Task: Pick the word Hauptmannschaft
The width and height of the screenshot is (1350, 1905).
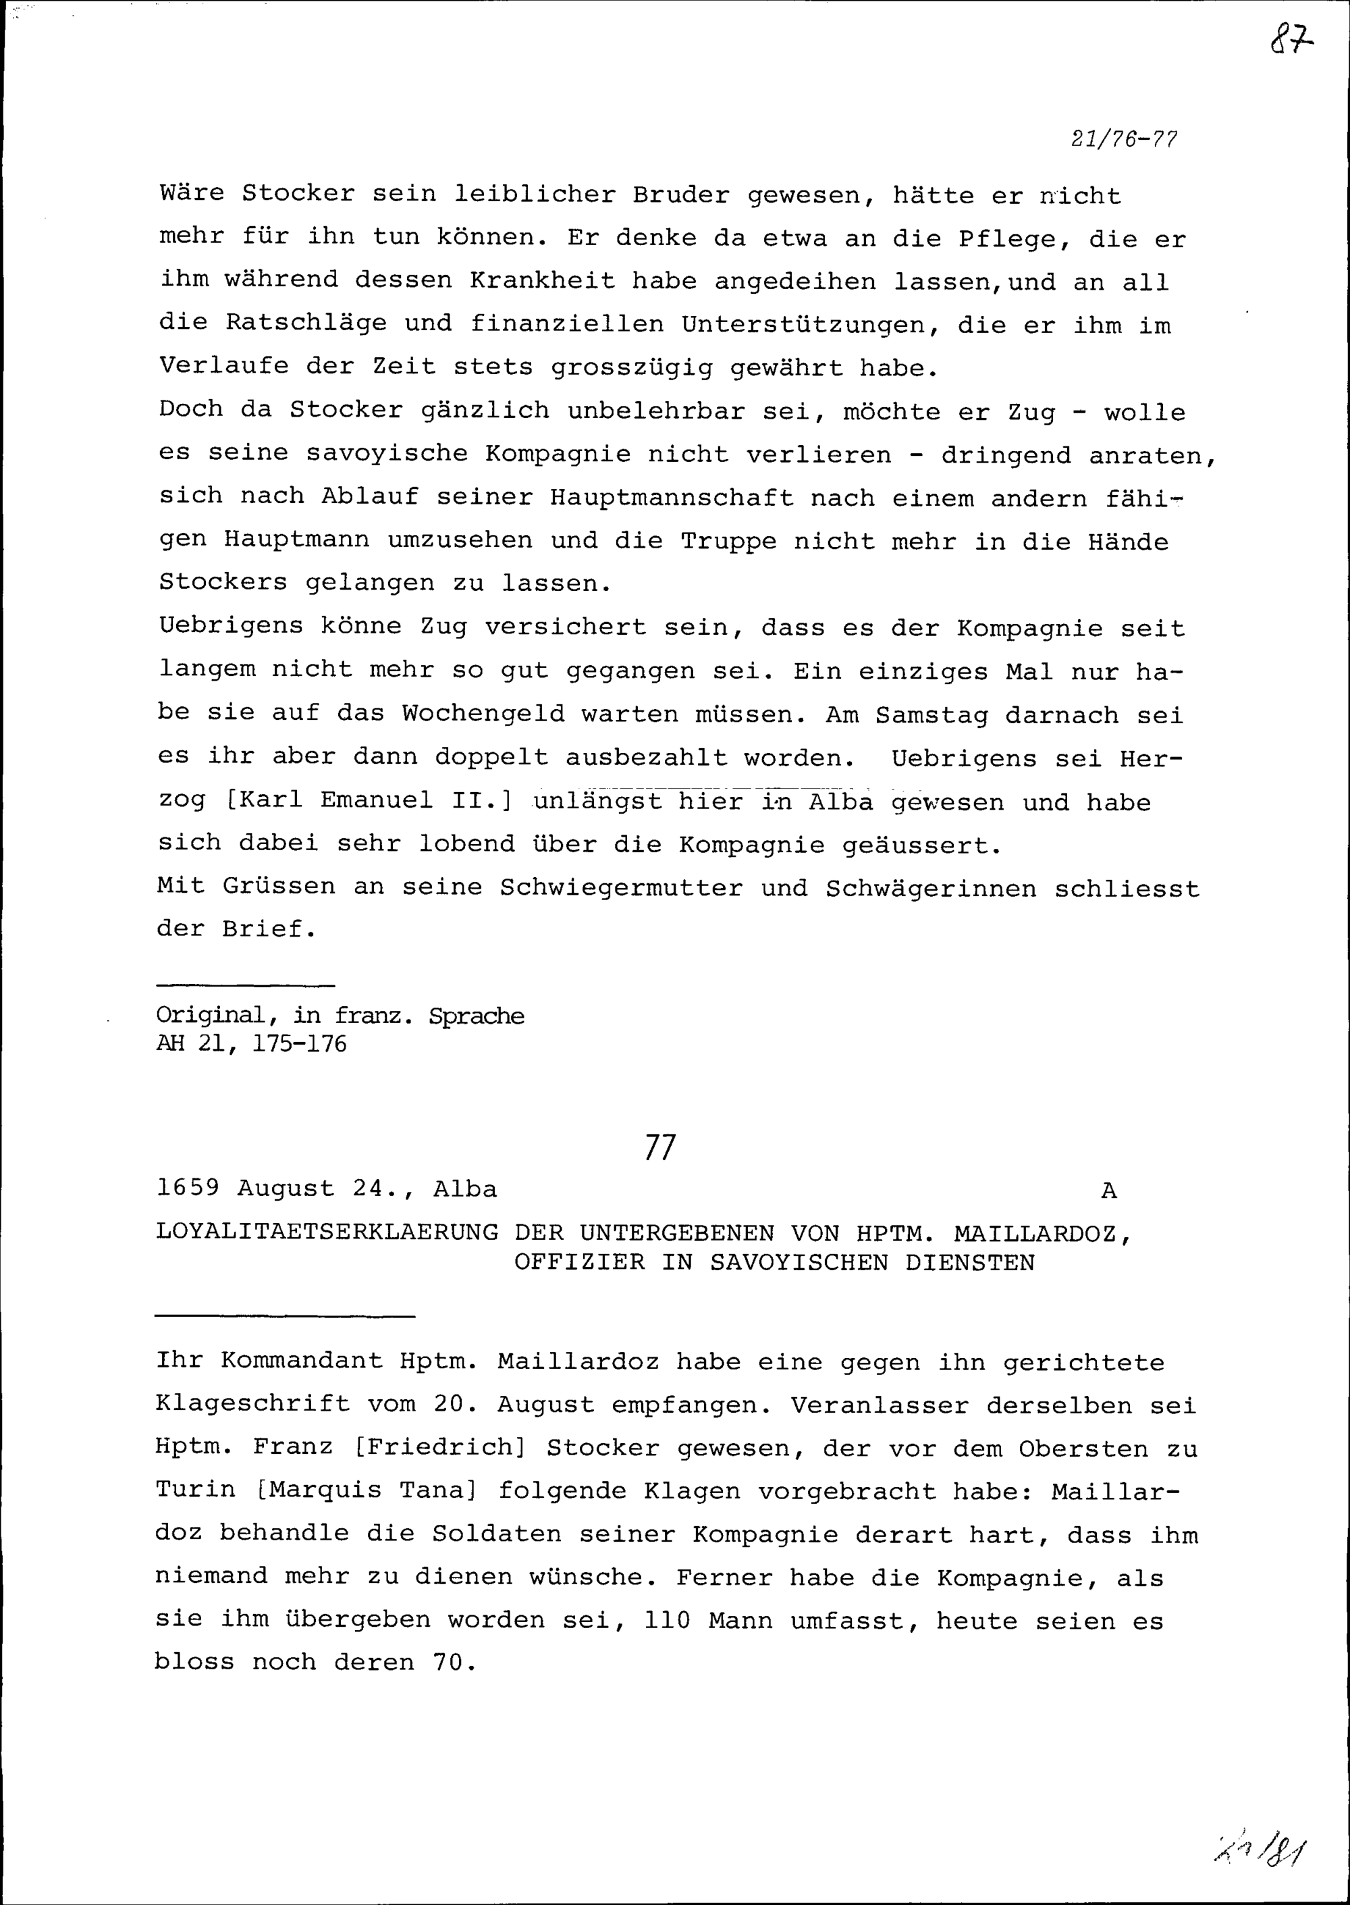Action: (671, 498)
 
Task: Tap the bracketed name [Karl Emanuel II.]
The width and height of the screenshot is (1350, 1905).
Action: (369, 801)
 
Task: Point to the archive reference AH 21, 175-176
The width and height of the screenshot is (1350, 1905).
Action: (251, 1045)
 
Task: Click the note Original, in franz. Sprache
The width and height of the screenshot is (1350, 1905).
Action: (340, 1016)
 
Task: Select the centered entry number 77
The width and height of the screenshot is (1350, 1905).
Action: (660, 1148)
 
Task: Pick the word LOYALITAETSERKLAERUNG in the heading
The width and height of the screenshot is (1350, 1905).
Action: (327, 1232)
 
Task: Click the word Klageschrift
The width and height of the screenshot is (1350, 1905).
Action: (252, 1405)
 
